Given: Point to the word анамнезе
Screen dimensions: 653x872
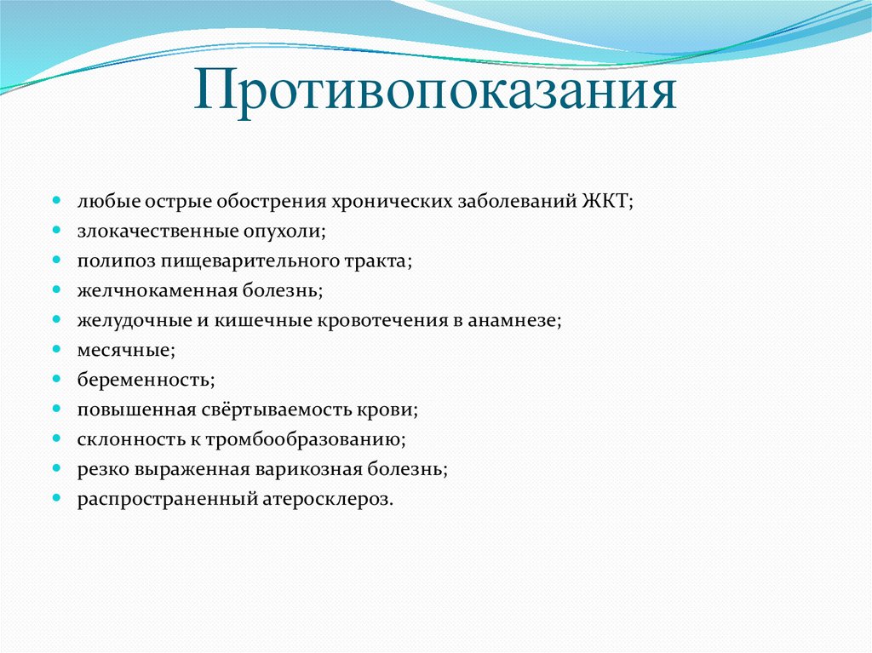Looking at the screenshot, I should pos(522,320).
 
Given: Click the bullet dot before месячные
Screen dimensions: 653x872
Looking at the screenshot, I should pos(56,350).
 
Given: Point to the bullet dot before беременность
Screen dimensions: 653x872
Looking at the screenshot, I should pos(56,380).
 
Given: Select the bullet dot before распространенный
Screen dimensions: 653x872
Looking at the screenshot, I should pos(56,498).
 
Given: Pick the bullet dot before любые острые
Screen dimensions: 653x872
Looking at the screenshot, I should pos(56,201).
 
